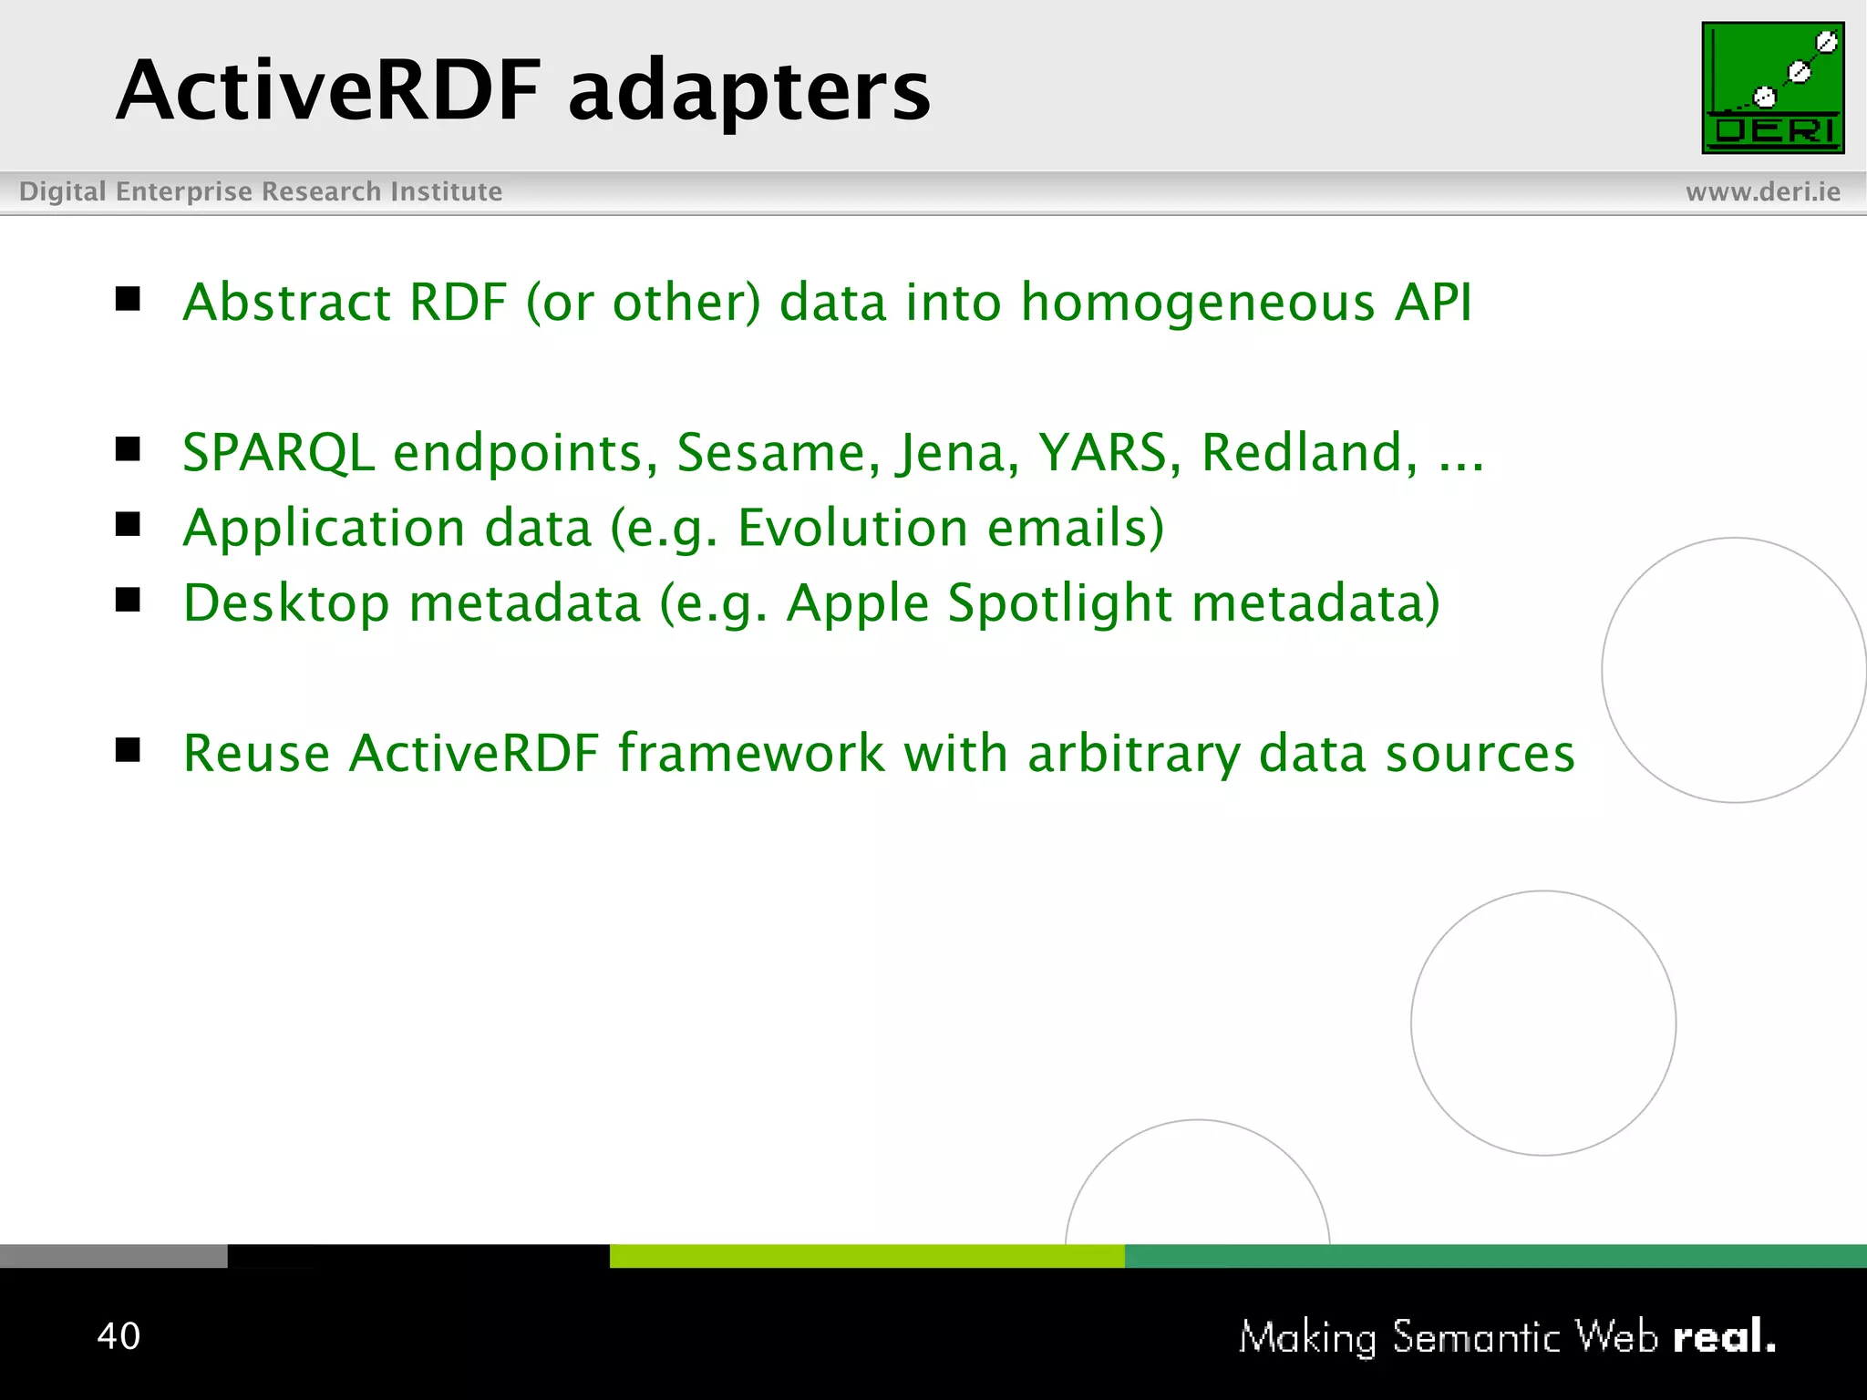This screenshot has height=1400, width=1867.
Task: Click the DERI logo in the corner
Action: tap(1772, 87)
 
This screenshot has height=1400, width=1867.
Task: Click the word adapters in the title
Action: tap(748, 91)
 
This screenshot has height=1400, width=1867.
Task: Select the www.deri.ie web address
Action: tap(1762, 191)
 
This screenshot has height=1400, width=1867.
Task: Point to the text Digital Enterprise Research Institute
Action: tap(261, 191)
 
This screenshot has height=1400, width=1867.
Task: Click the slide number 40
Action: tap(119, 1335)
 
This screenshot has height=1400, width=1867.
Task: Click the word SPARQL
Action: tap(278, 453)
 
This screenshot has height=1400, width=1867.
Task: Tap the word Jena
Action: tap(957, 453)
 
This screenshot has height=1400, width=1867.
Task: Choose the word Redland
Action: tap(1309, 453)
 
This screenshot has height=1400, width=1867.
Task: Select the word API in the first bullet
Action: tap(1433, 303)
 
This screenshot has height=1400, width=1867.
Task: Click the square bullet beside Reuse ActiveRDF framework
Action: tap(128, 750)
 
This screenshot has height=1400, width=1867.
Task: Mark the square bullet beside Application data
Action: tap(128, 524)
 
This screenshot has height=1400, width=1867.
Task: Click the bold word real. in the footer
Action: tap(1723, 1336)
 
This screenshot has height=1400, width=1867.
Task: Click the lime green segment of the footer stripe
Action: tap(866, 1256)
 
